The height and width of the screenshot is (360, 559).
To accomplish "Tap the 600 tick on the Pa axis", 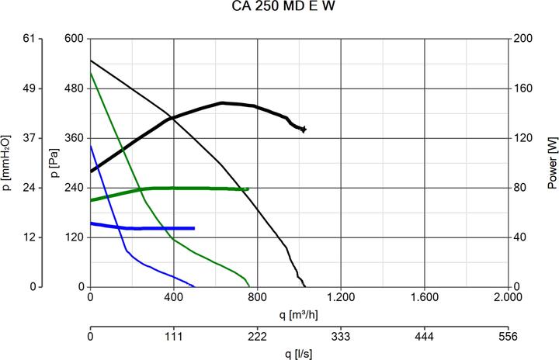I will pyautogui.click(x=74, y=39).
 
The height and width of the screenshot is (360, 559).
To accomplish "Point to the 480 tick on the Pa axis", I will pyautogui.click(x=74, y=88).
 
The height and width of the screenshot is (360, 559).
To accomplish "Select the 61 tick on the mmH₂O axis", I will pyautogui.click(x=31, y=39).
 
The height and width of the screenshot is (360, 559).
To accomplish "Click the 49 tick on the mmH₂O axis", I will pyautogui.click(x=31, y=88).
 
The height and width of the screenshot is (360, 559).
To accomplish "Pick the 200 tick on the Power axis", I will pyautogui.click(x=525, y=39).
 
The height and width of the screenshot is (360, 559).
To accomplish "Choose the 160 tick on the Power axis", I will pyautogui.click(x=525, y=88).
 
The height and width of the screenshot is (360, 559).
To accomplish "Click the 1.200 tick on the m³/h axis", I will pyautogui.click(x=341, y=297).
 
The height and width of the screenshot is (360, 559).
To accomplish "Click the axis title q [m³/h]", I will pyautogui.click(x=299, y=314).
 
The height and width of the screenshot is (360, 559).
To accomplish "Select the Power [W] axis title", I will pyautogui.click(x=552, y=163).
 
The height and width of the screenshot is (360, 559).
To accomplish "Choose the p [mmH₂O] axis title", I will pyautogui.click(x=8, y=163).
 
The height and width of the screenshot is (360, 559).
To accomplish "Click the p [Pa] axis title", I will pyautogui.click(x=54, y=163).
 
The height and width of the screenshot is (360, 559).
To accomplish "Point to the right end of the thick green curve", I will pyautogui.click(x=248, y=189).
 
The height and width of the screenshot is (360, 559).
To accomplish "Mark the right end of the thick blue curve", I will pyautogui.click(x=193, y=228).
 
